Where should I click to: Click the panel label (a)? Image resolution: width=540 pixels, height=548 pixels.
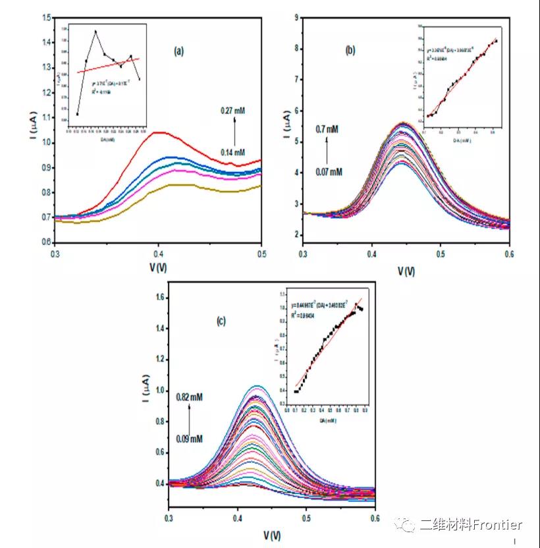[178, 50]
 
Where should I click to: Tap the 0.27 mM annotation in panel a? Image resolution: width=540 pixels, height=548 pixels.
[232, 111]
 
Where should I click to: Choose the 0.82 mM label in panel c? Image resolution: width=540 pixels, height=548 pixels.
[189, 397]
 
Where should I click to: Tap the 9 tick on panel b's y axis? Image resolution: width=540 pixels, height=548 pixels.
[296, 17]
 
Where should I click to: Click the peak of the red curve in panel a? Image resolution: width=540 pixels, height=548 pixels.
[158, 132]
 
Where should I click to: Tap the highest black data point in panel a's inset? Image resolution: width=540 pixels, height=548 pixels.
[95, 32]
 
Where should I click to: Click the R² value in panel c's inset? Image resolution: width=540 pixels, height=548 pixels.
[304, 316]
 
